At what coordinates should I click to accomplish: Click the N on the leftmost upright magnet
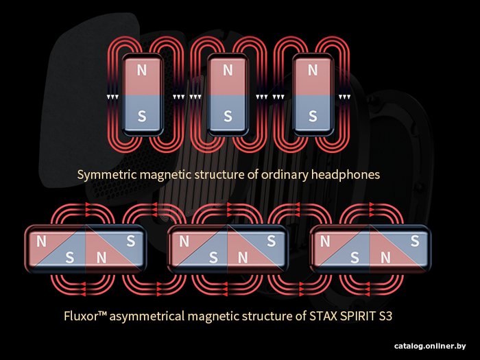pos(142,71)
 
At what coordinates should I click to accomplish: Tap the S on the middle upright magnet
pos(228,116)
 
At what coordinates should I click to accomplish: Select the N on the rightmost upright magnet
pos(313,71)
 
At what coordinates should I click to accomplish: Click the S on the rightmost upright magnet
pos(313,116)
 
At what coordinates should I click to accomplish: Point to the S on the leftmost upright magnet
pos(142,116)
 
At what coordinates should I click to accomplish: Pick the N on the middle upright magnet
pos(228,71)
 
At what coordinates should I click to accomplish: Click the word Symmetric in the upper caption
pos(107,175)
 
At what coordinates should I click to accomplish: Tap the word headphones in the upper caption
pos(346,175)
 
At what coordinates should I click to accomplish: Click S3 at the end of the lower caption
pos(385,316)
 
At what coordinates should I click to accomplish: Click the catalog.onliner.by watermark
pos(430,346)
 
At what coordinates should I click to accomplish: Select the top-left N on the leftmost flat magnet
pos(41,241)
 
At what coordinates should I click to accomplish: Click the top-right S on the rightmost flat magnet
pos(415,241)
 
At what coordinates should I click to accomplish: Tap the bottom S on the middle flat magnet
pos(213,258)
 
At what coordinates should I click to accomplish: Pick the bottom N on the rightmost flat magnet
pos(385,258)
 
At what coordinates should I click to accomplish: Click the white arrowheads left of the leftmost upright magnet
pos(112,97)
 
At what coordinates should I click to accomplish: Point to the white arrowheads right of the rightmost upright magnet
pos(344,97)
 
